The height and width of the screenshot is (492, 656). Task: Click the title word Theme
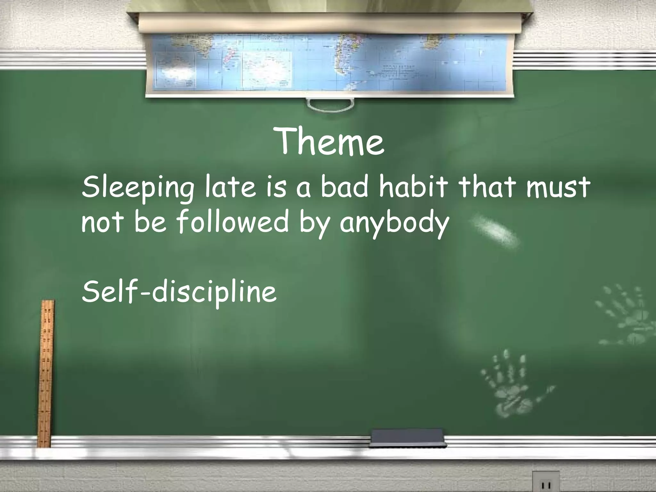click(330, 142)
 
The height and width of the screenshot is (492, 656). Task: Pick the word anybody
click(394, 223)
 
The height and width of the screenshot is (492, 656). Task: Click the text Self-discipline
click(179, 292)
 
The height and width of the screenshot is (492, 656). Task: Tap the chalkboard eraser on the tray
click(408, 439)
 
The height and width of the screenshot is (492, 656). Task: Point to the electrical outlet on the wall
click(546, 482)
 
